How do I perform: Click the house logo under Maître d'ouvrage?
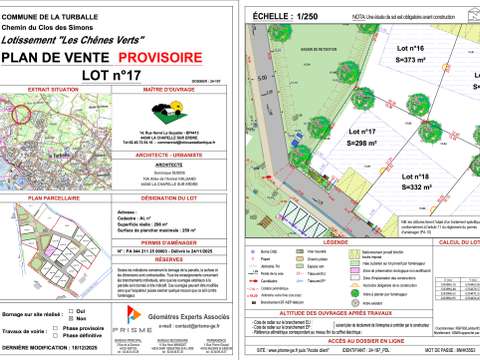point(176,111)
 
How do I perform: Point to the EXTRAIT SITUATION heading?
point(54,90)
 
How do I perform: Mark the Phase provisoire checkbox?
point(59,300)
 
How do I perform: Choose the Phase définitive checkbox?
point(59,308)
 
